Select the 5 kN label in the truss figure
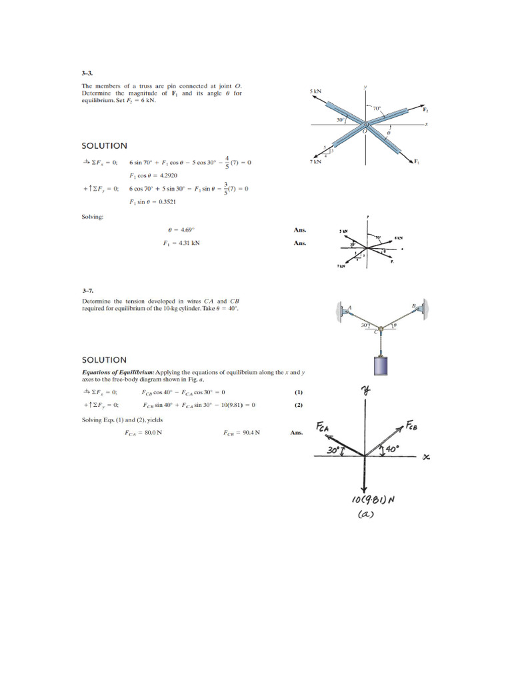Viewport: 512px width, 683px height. coord(315,91)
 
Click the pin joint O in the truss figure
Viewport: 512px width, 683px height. coord(365,125)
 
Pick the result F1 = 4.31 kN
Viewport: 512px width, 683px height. coord(181,243)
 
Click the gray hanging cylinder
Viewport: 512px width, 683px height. coord(379,368)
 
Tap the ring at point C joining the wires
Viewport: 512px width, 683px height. coord(379,327)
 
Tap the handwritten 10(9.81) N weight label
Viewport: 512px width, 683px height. coord(371,500)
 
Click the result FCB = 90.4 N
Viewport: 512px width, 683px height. coord(241,433)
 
